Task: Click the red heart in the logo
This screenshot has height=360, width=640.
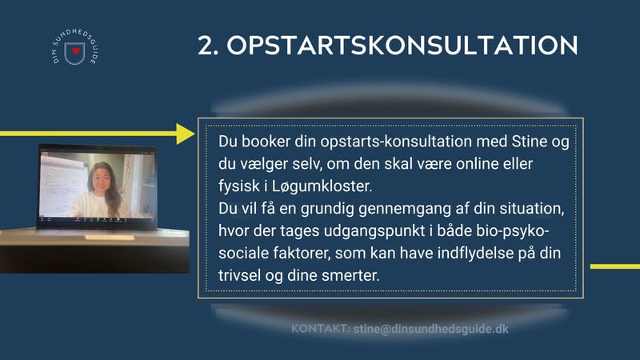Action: coord(75,51)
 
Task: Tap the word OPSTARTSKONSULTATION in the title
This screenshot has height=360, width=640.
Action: coord(402,45)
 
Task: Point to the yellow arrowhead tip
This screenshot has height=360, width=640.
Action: coord(195,134)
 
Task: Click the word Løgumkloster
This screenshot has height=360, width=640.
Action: coord(322,186)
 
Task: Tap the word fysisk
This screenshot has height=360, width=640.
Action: coord(238,186)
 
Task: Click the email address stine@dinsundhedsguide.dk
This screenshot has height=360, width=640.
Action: coord(431,329)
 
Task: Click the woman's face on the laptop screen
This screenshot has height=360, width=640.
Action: coord(101,179)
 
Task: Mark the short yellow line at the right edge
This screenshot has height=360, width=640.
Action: coord(615,266)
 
